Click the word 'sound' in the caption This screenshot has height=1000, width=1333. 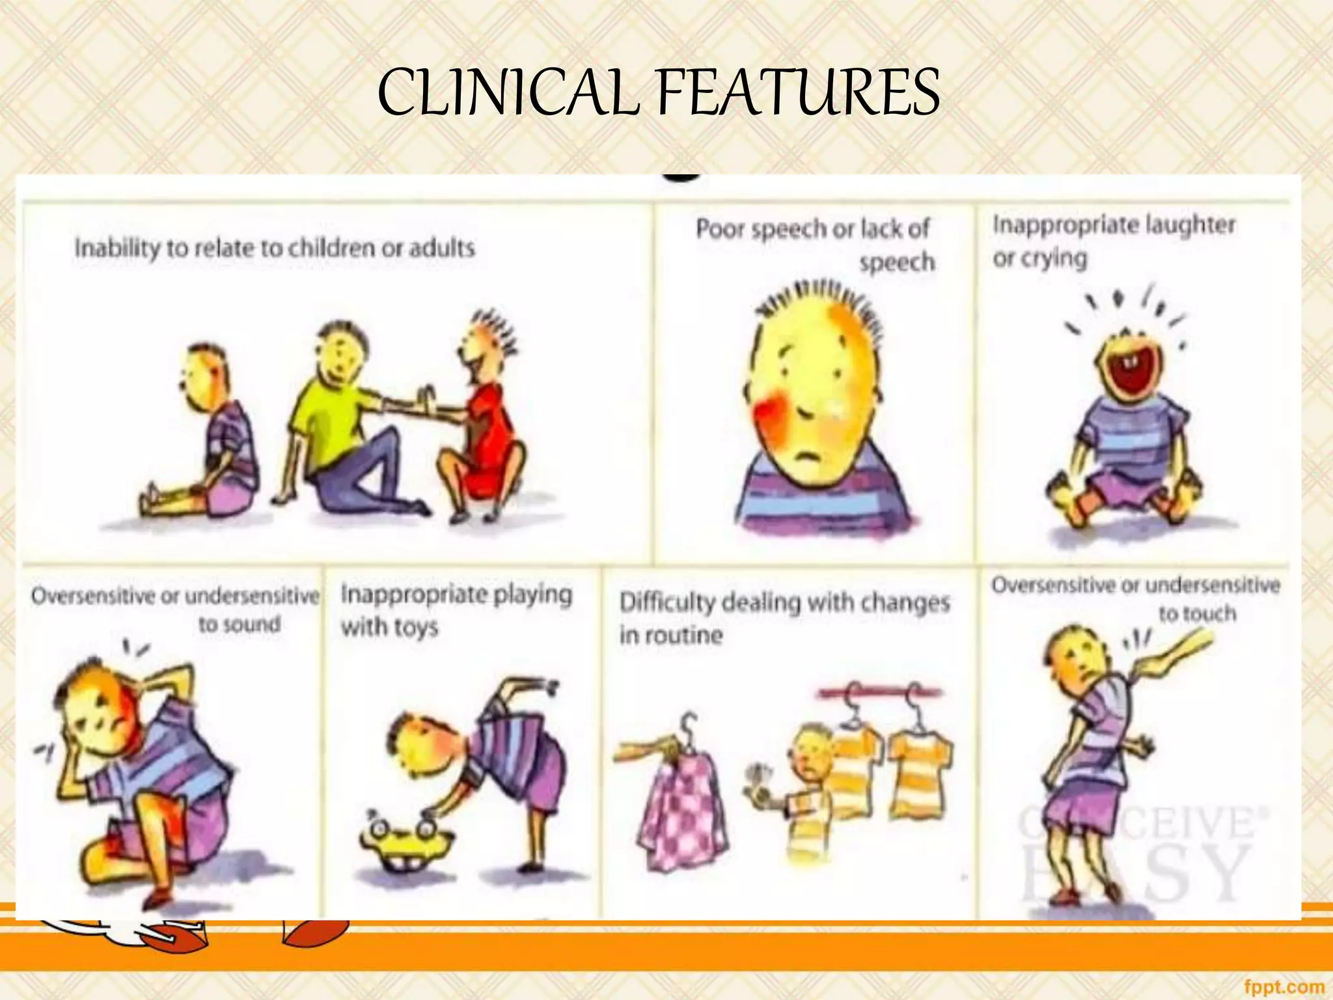point(239,625)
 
